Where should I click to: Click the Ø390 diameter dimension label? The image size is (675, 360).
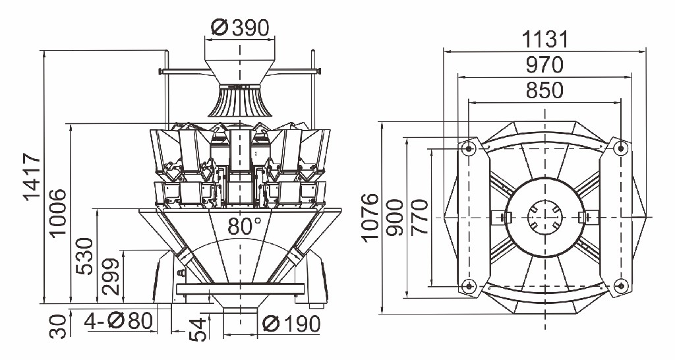point(241,28)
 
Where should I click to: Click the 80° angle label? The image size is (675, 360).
point(241,225)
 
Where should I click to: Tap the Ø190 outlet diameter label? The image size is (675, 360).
point(291,324)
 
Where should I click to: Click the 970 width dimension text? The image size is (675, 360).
point(544,65)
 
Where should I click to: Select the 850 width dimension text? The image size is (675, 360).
point(544,90)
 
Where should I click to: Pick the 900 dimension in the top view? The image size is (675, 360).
point(396,218)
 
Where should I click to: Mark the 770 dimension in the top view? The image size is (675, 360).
point(419,218)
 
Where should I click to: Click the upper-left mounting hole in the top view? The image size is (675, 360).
point(469,148)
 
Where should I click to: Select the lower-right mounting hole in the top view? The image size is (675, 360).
point(620,285)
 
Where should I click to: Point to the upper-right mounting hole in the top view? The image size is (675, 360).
point(620,148)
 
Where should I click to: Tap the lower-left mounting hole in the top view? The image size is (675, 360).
point(469,285)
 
